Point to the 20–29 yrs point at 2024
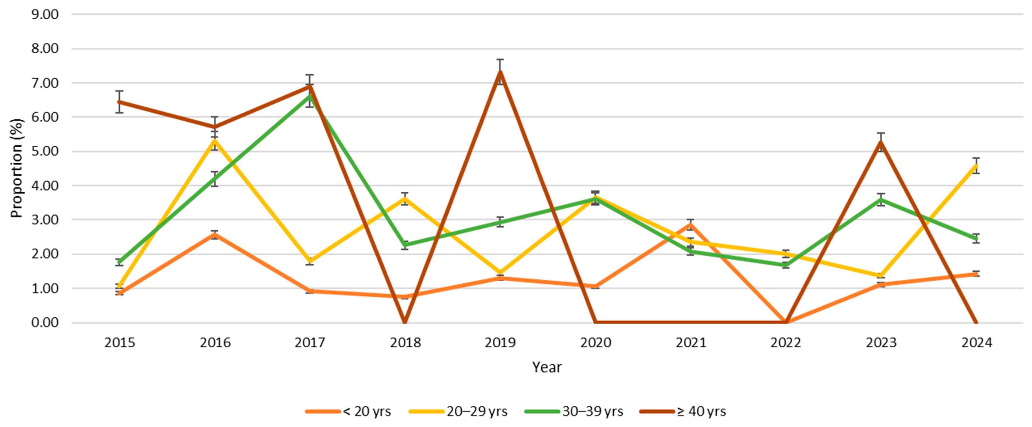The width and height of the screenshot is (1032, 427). (976, 165)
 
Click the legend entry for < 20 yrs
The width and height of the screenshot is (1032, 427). (348, 411)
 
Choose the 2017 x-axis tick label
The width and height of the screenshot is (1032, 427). (310, 343)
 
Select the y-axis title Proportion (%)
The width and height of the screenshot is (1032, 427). (17, 168)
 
